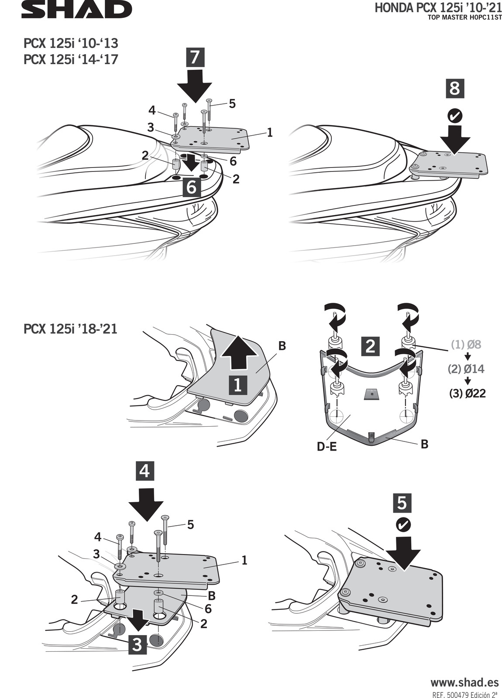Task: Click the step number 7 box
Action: (x=194, y=57)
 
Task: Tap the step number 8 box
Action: (x=454, y=89)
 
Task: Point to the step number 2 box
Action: (x=370, y=346)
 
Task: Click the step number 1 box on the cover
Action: (x=238, y=385)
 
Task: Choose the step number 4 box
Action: (x=145, y=471)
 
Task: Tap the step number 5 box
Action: (x=402, y=503)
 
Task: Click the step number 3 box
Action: (x=137, y=644)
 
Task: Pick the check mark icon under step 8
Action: (x=455, y=116)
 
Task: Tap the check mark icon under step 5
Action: (x=402, y=525)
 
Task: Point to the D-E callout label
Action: (x=327, y=446)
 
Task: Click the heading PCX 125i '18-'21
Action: (x=71, y=328)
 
